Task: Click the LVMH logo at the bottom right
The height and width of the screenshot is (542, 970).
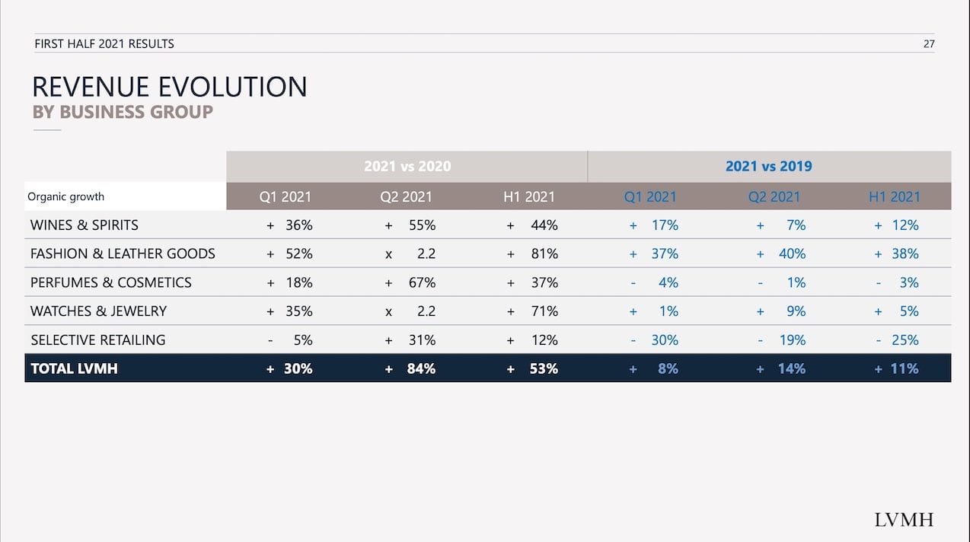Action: tap(903, 520)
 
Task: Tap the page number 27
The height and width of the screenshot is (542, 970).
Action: tap(928, 43)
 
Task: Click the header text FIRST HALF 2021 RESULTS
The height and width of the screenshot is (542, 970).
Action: tap(104, 43)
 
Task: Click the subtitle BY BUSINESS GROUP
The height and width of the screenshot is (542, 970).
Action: tap(122, 112)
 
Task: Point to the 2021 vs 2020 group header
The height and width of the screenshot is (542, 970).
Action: tap(407, 166)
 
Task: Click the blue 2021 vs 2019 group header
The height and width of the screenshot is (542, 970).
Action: tap(768, 166)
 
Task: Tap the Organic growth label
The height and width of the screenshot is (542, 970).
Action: tap(65, 196)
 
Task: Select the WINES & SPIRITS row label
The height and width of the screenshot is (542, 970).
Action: tap(84, 225)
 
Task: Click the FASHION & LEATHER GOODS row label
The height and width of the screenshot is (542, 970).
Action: tap(123, 253)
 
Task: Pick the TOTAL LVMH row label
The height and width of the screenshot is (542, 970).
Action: tap(74, 368)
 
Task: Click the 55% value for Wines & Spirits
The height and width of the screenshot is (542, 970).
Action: tap(421, 225)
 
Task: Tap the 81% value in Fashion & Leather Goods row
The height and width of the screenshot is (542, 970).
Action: tap(544, 253)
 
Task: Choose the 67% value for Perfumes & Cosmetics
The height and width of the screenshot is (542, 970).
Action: tap(421, 282)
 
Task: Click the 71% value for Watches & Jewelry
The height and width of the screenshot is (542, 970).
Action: tap(544, 311)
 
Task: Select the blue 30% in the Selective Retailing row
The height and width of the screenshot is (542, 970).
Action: tap(665, 340)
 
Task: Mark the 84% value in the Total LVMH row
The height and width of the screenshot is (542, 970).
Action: tap(421, 368)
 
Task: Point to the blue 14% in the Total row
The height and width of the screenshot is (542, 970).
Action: tap(791, 368)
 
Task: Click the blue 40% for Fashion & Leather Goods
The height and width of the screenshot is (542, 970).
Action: tap(792, 253)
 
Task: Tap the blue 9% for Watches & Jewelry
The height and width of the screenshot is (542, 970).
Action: tap(796, 311)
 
